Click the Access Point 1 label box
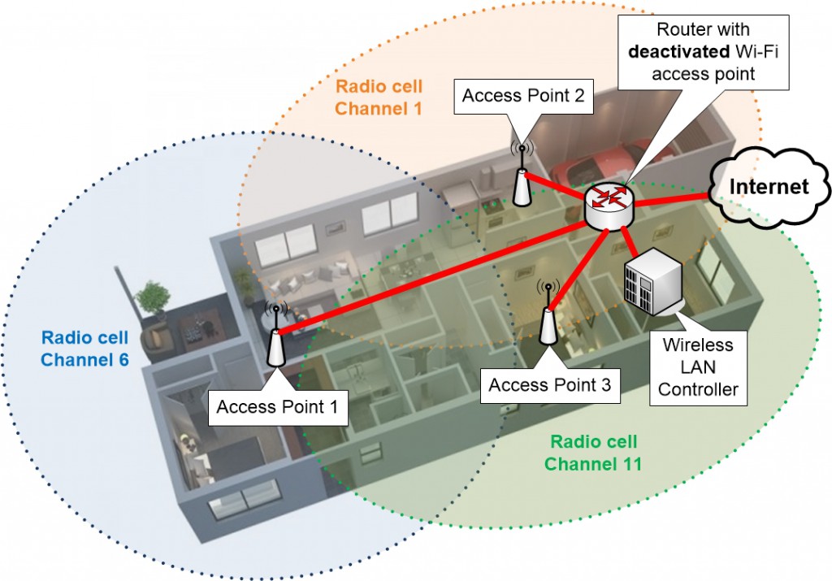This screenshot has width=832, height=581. coord(277,405)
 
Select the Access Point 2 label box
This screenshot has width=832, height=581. coord(522,97)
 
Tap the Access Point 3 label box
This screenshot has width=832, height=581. coord(549,385)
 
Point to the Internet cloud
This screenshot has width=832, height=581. coord(769,188)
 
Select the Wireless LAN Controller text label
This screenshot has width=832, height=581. coord(697,366)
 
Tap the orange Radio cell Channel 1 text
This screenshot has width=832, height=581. coord(379,96)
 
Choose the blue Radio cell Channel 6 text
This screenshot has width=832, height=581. coord(84,347)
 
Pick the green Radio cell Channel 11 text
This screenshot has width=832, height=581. coord(592,453)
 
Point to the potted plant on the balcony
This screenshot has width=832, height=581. coord(153,301)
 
